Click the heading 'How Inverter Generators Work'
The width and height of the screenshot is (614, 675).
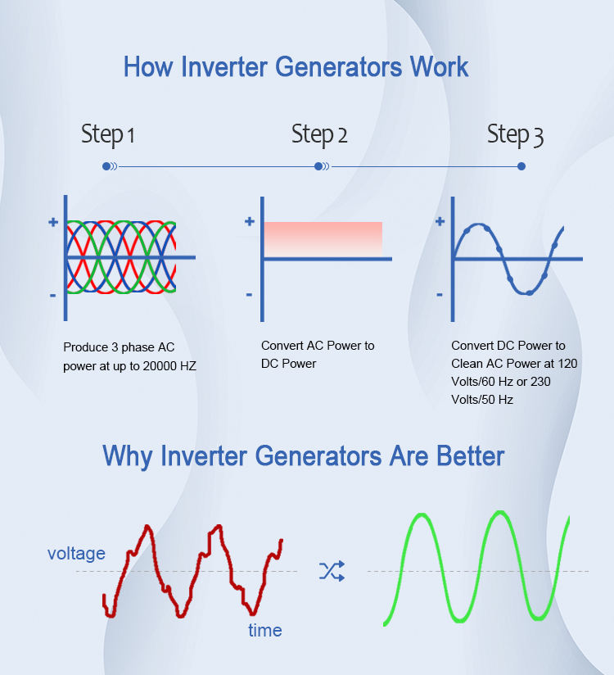(x=296, y=66)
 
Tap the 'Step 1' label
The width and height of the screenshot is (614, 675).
(x=107, y=134)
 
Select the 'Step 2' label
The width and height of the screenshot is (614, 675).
(x=319, y=134)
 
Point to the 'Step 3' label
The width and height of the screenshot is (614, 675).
(x=515, y=134)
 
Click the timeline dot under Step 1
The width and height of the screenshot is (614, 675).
(x=106, y=166)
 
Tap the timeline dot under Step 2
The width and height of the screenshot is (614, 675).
(x=318, y=166)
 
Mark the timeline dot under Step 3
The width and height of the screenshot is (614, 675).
(x=521, y=166)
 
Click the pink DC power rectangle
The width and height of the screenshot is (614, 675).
(x=323, y=238)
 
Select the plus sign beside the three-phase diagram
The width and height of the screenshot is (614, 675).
(x=53, y=222)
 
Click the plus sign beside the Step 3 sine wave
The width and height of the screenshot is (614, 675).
(x=440, y=221)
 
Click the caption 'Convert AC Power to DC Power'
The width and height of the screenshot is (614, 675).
(x=318, y=354)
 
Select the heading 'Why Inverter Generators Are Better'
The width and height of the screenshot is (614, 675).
(x=303, y=455)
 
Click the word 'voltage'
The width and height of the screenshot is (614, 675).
(x=76, y=554)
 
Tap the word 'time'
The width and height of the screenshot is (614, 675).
(x=264, y=630)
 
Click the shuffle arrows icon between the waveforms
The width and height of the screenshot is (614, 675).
(x=332, y=571)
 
